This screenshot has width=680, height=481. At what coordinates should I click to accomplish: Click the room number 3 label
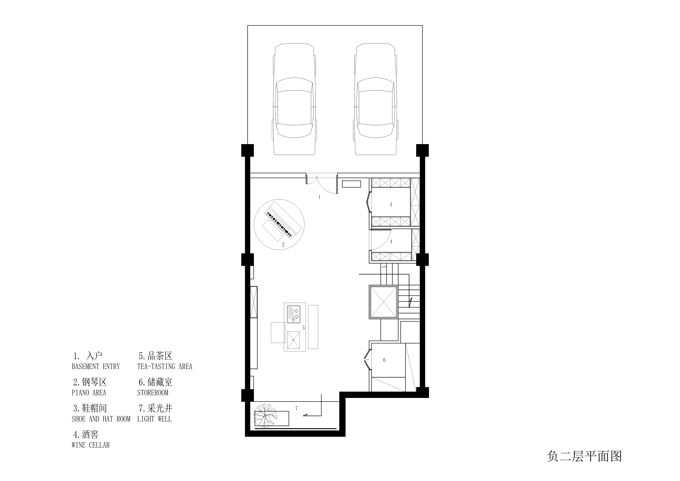click(391, 205)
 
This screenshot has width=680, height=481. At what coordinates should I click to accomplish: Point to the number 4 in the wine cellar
click(391, 241)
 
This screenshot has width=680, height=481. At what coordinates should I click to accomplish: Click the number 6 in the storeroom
click(384, 360)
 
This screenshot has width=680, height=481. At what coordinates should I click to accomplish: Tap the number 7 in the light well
click(296, 408)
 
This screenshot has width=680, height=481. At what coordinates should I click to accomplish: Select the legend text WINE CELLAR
click(91, 445)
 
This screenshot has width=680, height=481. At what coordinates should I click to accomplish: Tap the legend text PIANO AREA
click(89, 393)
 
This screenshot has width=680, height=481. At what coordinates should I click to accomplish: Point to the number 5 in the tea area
click(304, 328)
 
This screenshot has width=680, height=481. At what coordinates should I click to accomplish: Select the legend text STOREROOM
click(153, 393)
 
